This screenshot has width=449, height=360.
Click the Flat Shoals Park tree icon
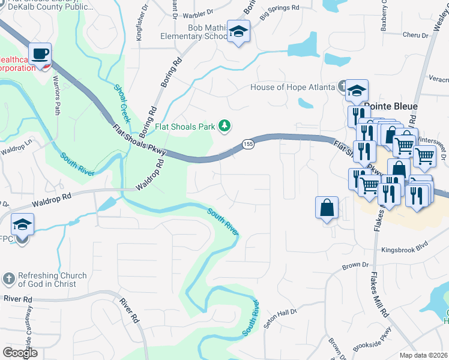tap(224, 125)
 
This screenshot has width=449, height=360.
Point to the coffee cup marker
tap(40, 54)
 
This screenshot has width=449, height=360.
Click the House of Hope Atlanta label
tap(292, 87)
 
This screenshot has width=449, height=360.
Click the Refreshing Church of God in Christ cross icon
tap(8, 279)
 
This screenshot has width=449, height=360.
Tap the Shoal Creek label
tap(122, 103)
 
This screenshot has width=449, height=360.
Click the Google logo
tap(20, 353)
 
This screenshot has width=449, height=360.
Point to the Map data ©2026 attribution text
tap(423, 355)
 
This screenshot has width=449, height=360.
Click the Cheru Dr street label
tap(415, 35)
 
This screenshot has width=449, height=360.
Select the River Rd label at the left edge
tap(16, 299)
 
